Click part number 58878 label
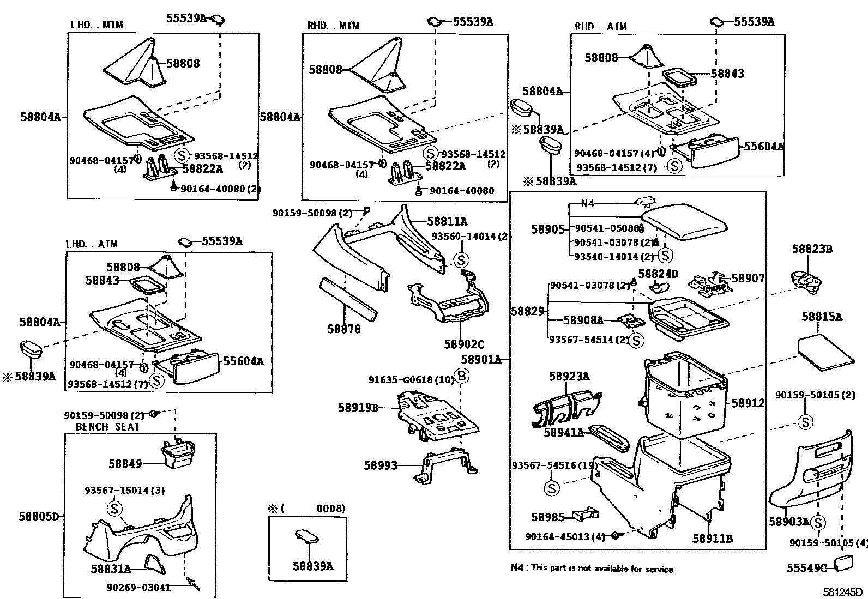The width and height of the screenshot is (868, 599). [x=343, y=329]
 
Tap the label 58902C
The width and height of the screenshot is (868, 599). [x=463, y=344]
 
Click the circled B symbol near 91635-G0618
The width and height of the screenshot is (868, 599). [x=461, y=376]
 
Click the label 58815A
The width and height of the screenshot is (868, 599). [x=822, y=317]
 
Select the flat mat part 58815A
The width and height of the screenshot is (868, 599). [x=825, y=353]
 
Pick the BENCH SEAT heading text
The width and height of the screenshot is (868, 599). [x=107, y=427]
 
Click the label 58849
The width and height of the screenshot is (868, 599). [x=125, y=464]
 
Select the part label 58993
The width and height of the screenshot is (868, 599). [x=381, y=465]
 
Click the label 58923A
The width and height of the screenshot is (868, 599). [x=569, y=377]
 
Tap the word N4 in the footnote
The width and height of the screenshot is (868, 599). [x=517, y=567]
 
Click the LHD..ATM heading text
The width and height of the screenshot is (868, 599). [x=91, y=244]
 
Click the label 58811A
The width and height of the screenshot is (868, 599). [x=447, y=221]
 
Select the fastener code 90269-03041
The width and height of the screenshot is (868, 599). [x=138, y=588]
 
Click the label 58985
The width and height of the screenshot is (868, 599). [x=547, y=516]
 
